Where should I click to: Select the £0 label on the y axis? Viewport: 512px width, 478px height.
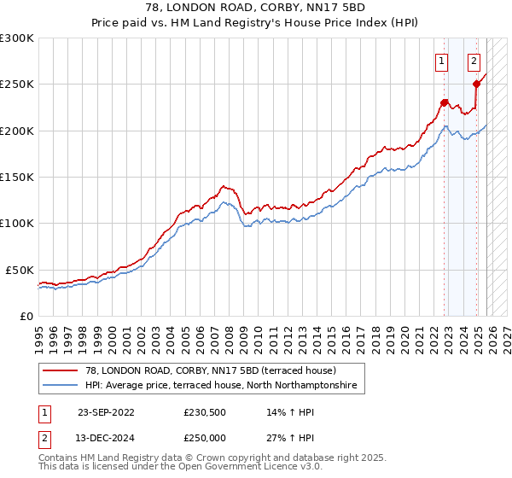pos(26,316)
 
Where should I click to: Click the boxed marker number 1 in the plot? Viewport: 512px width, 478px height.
pos(441,61)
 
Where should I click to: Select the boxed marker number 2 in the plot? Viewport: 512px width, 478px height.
pos(474,61)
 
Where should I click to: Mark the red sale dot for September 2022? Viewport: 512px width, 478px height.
pos(445,102)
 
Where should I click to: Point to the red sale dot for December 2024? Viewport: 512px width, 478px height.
pos(477,84)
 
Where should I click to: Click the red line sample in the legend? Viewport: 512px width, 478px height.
pos(61,370)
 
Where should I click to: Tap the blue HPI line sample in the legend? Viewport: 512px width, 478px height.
pos(61,386)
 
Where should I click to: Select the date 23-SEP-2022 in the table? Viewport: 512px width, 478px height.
pos(105,411)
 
